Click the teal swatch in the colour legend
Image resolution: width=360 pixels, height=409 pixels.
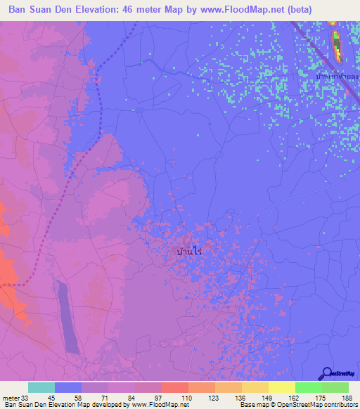click(x=41, y=387)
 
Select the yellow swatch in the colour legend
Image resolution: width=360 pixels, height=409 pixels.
click(x=281, y=387)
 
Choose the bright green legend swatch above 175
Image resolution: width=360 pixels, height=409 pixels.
click(x=308, y=387)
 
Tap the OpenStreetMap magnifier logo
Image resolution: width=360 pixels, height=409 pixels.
click(x=326, y=373)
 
